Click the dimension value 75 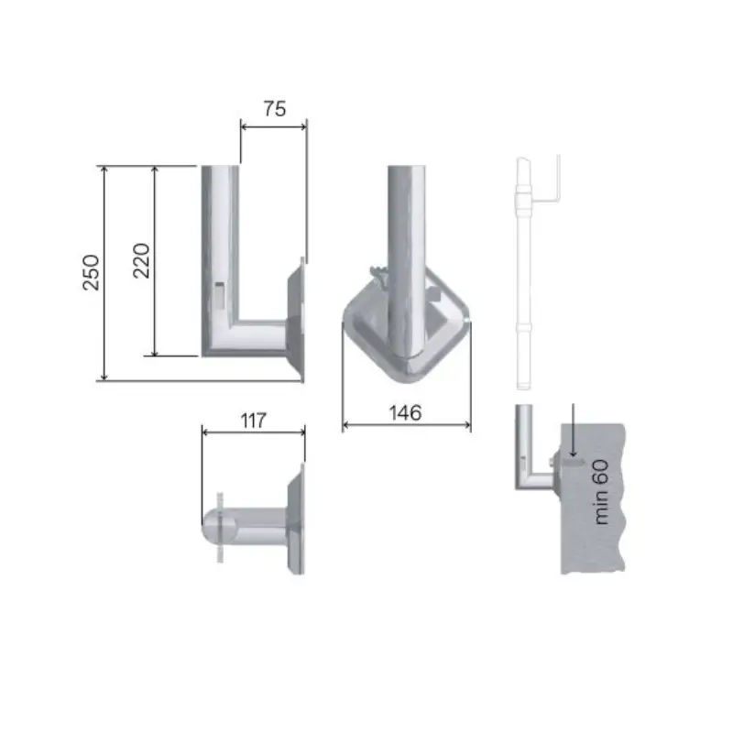click(274, 109)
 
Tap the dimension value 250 click(91, 272)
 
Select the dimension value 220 click(141, 261)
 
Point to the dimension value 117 click(254, 421)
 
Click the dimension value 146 click(405, 413)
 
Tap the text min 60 click(601, 492)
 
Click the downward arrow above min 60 click(574, 430)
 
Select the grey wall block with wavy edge click(593, 498)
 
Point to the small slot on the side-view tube click(220, 294)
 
